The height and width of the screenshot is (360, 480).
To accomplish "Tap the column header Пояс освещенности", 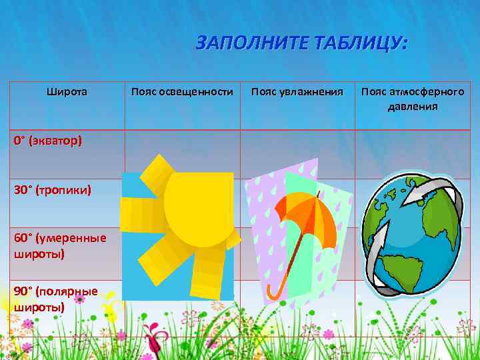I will point(182,91).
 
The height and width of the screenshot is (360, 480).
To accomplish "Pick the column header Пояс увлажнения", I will point(297,91).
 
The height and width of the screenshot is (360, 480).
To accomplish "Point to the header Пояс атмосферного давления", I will point(413,98).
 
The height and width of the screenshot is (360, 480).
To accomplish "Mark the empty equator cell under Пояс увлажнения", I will point(297,153).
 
